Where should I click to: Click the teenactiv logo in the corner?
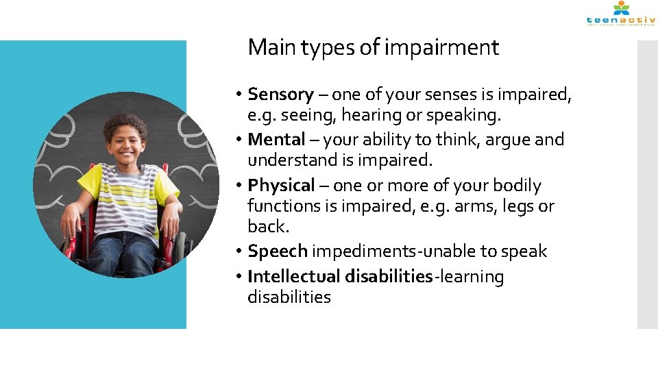pos(620,14)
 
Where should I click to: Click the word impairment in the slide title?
pos(441,48)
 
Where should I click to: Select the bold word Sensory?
pos(280,94)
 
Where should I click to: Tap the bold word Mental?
pos(276,140)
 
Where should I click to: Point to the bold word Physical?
pos(280,186)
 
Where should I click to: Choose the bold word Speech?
pos(277,251)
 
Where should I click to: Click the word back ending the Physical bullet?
pos(267,227)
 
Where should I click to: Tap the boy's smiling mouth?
pos(127,154)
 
